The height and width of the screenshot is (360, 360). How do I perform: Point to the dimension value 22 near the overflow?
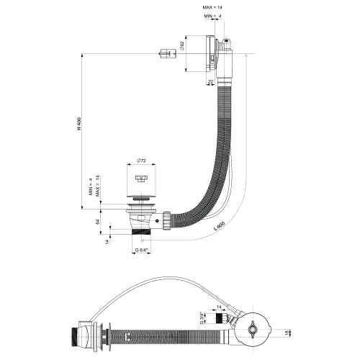pos(210,83)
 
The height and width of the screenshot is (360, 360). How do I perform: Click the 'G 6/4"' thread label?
pos(143,251)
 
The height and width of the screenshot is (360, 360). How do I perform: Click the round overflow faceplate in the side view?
pos(208,53)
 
